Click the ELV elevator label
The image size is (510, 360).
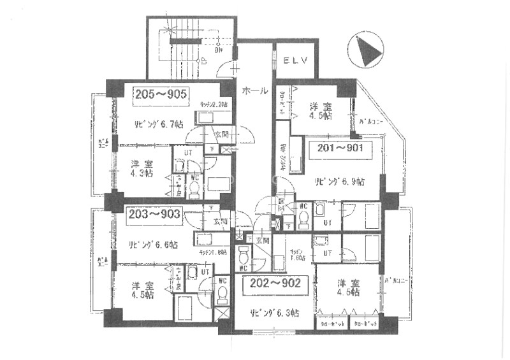(296, 61)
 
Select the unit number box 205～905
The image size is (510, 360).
(161, 94)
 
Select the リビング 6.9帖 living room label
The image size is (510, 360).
(339, 181)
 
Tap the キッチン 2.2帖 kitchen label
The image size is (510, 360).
(215, 103)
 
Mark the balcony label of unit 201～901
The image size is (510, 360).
(371, 119)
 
